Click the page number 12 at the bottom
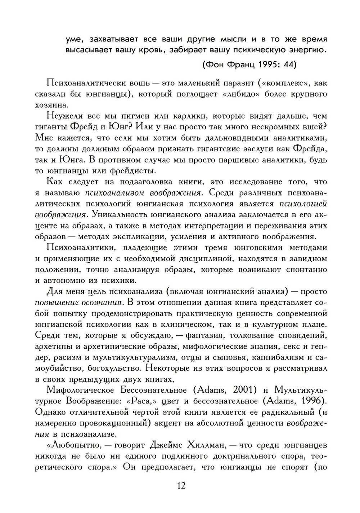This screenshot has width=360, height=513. tap(181, 485)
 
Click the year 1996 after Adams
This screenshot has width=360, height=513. tap(313, 401)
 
